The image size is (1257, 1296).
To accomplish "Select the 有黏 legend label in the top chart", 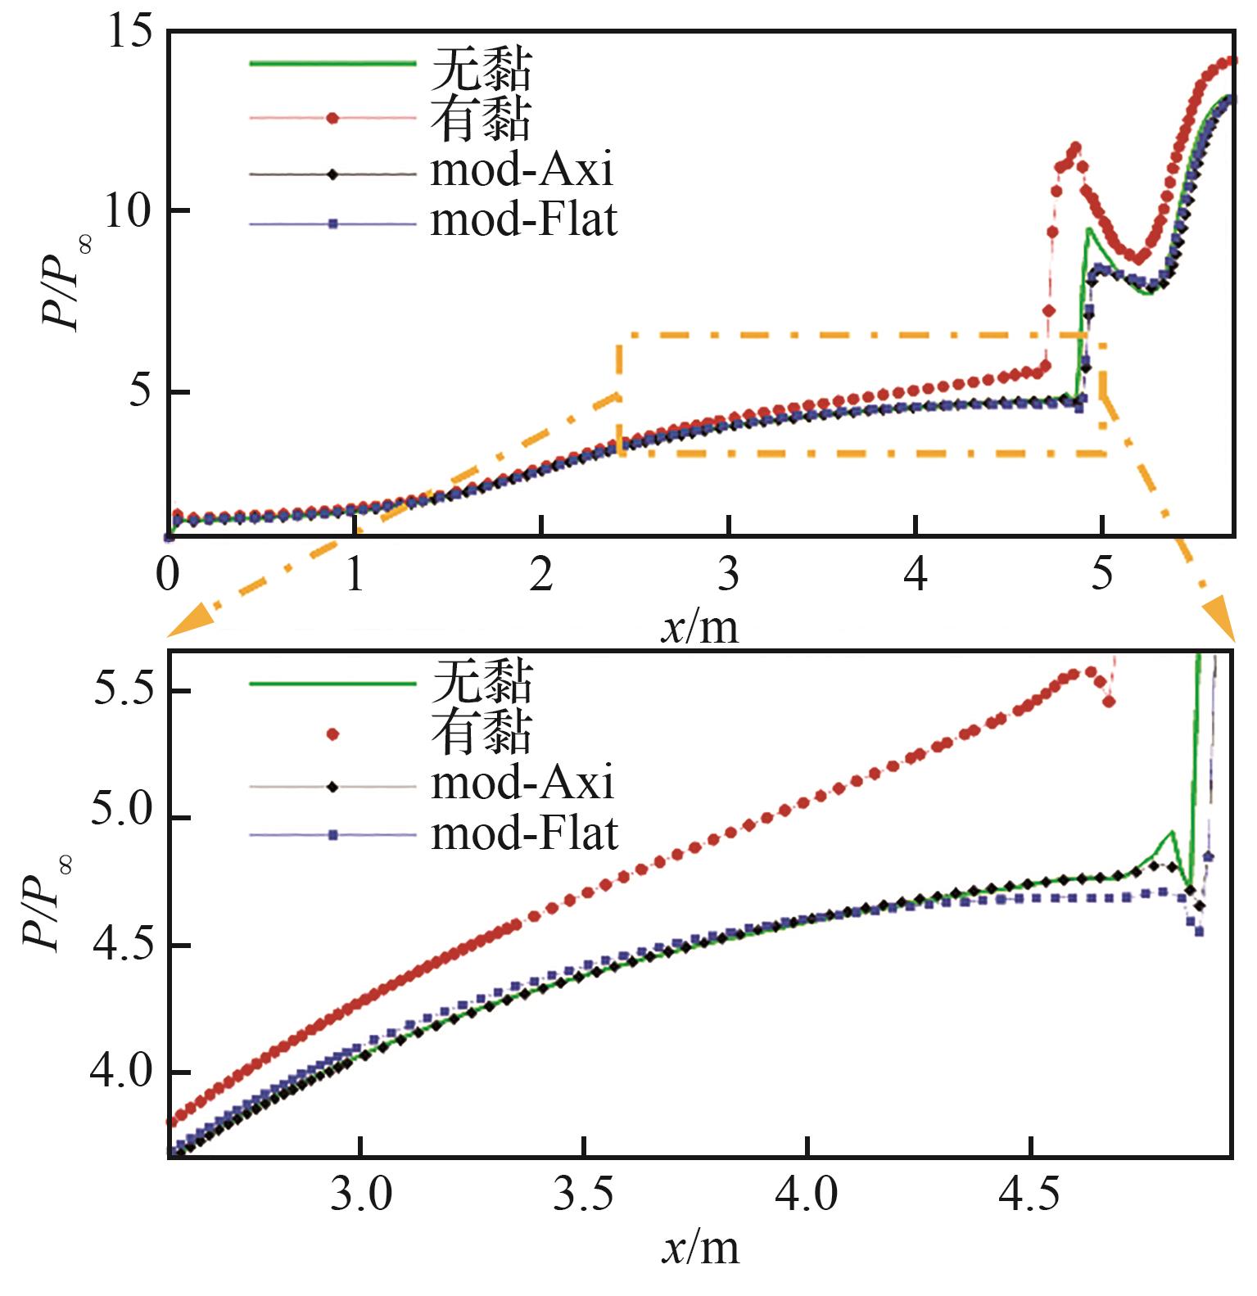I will point(482,119).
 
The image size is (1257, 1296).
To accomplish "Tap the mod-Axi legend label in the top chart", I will point(522,170).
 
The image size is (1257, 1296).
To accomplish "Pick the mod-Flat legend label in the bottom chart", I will point(524,833).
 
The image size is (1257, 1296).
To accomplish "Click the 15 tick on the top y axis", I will point(129,33).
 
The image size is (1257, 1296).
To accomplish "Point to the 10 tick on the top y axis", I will point(129,211).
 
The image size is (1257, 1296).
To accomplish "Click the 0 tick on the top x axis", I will point(168,575).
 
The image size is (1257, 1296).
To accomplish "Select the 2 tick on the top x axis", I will point(541,575).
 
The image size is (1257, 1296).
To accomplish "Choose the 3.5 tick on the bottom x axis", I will point(583,1195).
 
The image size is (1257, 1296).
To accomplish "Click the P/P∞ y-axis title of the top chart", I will point(66,278).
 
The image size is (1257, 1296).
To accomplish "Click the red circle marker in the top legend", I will point(332,118).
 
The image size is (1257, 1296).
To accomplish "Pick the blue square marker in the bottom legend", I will point(332,835).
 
